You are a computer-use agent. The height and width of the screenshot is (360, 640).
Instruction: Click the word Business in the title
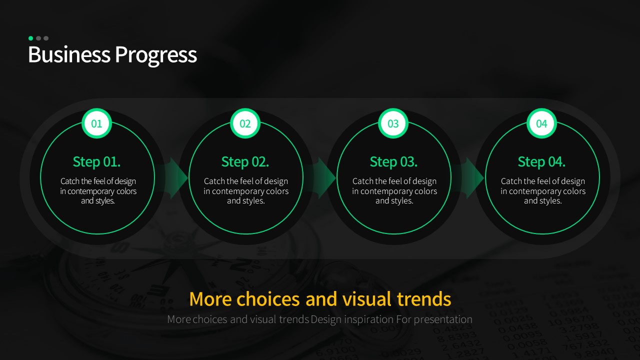tap(69, 54)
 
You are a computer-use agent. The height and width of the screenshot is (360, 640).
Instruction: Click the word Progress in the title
tap(156, 55)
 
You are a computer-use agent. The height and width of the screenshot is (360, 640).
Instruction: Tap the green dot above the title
tap(31, 38)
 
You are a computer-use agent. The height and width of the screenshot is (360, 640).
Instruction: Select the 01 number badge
tap(96, 123)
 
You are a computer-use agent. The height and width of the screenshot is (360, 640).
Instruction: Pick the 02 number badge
tap(245, 123)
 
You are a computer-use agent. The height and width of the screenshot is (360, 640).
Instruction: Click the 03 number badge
tap(393, 123)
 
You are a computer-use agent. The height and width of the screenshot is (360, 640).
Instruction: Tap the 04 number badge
tap(541, 123)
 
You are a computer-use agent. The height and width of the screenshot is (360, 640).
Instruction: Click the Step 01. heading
tap(96, 162)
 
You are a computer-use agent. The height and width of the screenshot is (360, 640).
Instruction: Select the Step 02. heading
tap(245, 162)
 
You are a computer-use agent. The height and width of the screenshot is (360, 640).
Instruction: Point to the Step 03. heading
tap(393, 162)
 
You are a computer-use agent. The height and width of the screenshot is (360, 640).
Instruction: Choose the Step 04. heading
tap(541, 162)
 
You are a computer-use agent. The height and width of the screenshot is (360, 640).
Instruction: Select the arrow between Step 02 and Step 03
tap(320, 177)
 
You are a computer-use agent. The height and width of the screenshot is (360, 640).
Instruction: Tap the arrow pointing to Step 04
tap(468, 177)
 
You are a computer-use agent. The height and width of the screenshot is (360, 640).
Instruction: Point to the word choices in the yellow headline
tap(268, 299)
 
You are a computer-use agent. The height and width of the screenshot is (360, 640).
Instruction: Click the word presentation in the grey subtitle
tap(443, 319)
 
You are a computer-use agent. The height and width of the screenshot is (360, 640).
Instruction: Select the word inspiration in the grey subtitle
tap(368, 319)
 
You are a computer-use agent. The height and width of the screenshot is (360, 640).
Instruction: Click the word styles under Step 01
tap(105, 201)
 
